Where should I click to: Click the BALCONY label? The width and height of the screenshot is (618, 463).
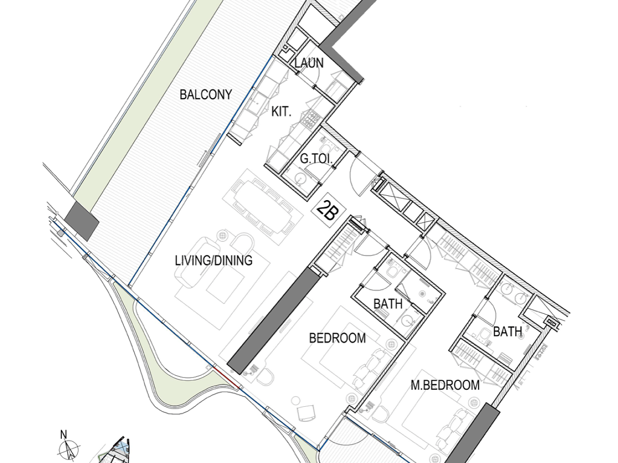[206, 94]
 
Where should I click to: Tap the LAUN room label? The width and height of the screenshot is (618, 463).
[309, 63]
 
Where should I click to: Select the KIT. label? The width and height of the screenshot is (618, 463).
[281, 111]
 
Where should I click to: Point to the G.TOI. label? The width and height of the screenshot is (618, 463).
[316, 159]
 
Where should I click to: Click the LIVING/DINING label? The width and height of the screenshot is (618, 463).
[214, 261]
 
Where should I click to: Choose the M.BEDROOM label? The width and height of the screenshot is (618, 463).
[445, 385]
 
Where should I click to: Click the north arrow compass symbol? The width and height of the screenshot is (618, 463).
[69, 450]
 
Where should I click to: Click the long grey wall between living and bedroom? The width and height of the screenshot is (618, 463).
[274, 321]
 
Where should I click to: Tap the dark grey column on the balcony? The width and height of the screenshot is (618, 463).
[82, 221]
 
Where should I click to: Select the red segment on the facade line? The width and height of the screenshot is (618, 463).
[226, 378]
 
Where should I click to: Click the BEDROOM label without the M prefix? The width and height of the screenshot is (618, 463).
[337, 338]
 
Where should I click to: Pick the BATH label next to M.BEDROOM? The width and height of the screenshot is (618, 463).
[507, 332]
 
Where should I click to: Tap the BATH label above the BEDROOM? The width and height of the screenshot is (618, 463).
[388, 304]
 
